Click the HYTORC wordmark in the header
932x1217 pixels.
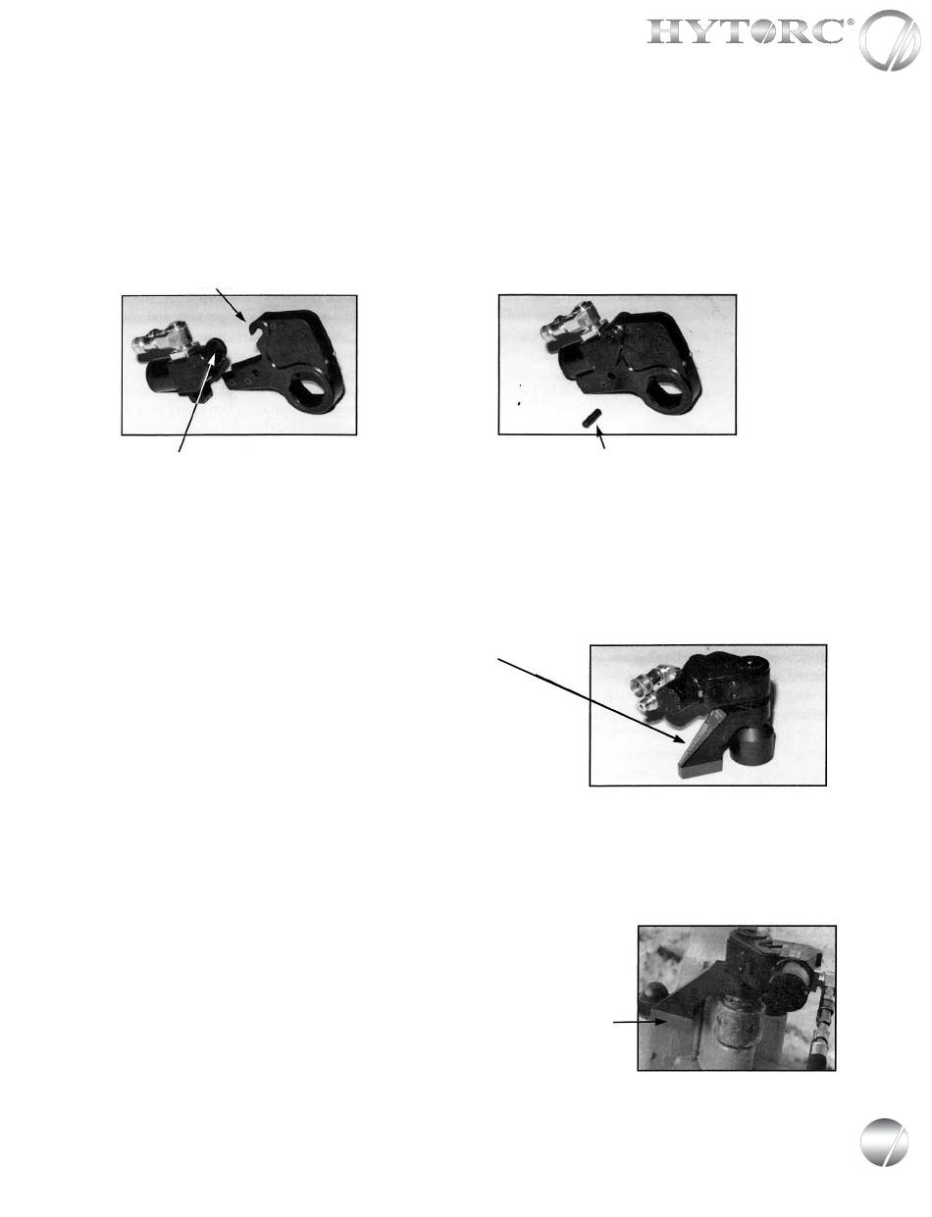point(746,31)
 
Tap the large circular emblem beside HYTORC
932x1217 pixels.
point(890,39)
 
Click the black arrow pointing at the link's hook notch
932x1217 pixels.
point(231,305)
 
